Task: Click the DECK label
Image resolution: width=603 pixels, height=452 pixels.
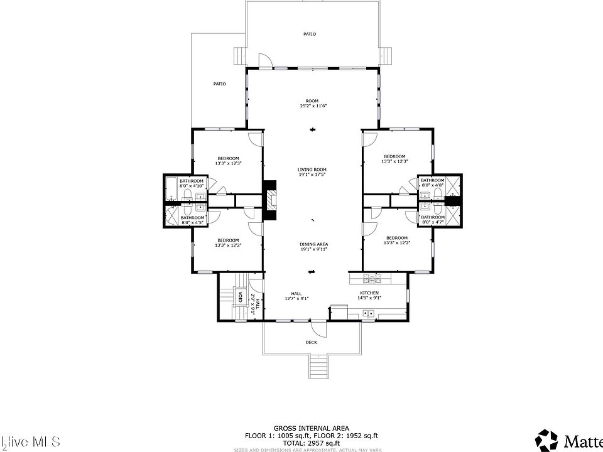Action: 311,342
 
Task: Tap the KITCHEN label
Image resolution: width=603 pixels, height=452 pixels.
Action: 369,293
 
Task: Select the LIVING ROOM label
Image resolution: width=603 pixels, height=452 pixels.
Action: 312,169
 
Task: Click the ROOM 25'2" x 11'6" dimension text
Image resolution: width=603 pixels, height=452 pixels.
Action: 312,106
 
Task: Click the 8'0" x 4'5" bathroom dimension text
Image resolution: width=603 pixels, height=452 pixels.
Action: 193,223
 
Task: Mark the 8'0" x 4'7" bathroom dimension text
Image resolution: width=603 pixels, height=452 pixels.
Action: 433,222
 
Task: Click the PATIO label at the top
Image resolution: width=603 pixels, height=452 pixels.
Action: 310,34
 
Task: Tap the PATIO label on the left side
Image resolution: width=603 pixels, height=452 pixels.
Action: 219,83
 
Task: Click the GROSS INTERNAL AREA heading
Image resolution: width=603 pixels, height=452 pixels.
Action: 312,428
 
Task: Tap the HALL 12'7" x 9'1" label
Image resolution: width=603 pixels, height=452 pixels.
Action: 296,296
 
